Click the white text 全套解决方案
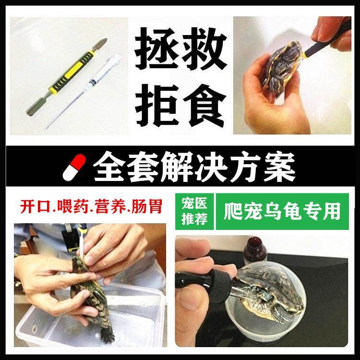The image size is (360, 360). [x=194, y=167]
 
